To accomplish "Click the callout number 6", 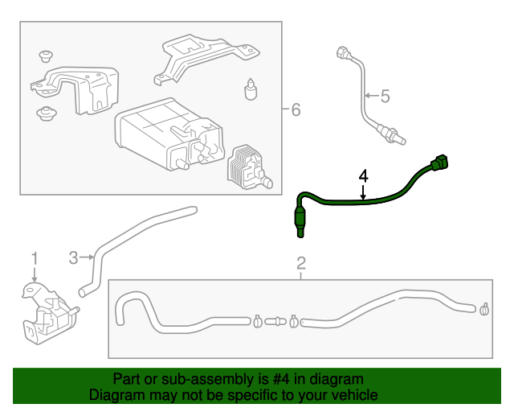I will (296, 109).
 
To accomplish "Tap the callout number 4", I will (363, 175).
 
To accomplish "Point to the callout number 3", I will (73, 257).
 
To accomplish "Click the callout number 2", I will (301, 263).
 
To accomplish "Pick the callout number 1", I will (35, 257).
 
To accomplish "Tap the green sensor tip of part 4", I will (298, 222).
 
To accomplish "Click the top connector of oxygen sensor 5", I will (341, 55).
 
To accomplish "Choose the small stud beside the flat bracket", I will (251, 88).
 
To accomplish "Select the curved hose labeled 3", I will (137, 233).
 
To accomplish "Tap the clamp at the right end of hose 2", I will (483, 308).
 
